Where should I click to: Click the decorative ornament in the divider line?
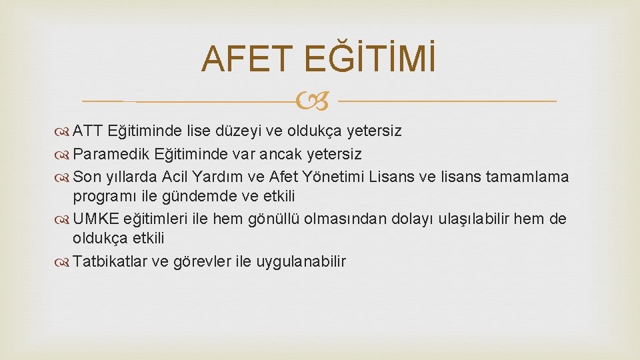318,101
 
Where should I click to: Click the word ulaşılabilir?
473,219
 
